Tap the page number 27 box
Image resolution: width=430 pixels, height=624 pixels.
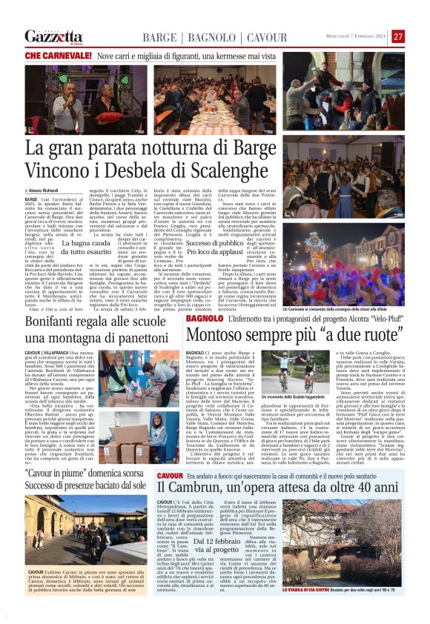[398, 36]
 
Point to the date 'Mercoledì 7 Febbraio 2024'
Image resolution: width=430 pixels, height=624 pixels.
[357, 36]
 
